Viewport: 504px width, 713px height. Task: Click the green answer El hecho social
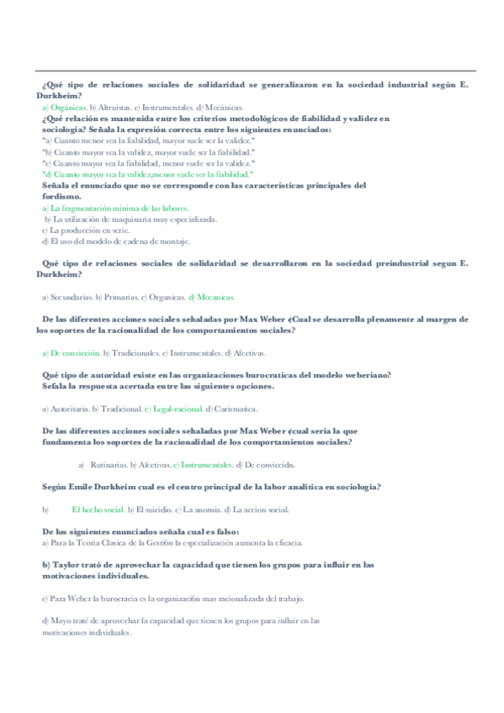[98, 509]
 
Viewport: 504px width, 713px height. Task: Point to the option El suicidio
[153, 509]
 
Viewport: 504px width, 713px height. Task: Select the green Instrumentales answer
[207, 464]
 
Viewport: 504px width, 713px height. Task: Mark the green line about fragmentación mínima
[119, 207]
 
